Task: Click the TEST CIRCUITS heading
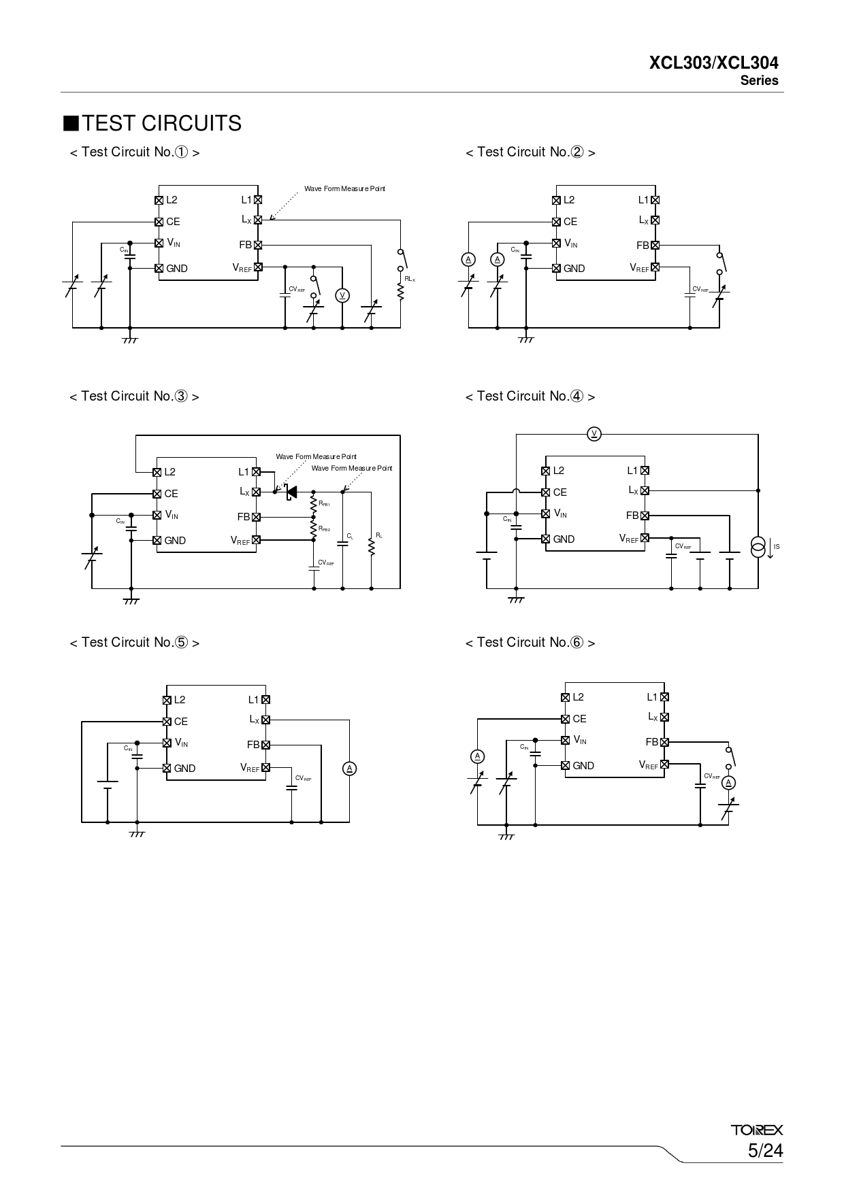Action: pyautogui.click(x=152, y=123)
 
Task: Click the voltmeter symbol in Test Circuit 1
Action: pyautogui.click(x=342, y=295)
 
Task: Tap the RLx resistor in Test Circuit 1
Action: pyautogui.click(x=401, y=290)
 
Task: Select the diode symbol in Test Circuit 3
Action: pyautogui.click(x=291, y=492)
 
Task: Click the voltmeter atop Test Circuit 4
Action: pyautogui.click(x=594, y=434)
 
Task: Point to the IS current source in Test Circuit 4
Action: pyautogui.click(x=758, y=546)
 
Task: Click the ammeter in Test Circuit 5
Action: pyautogui.click(x=350, y=769)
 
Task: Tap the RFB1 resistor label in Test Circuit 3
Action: pyautogui.click(x=324, y=504)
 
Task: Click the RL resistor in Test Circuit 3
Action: pyautogui.click(x=372, y=546)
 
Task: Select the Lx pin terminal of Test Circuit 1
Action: pyautogui.click(x=258, y=220)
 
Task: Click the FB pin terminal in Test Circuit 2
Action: pyautogui.click(x=655, y=245)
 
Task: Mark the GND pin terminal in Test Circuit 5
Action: pyautogui.click(x=167, y=768)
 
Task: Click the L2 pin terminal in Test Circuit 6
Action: pyautogui.click(x=565, y=697)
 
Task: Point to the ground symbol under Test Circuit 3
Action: pyautogui.click(x=131, y=601)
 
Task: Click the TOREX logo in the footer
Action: pyautogui.click(x=757, y=1130)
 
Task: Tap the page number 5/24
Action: pyautogui.click(x=765, y=1151)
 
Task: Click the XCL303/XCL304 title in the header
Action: pyautogui.click(x=714, y=63)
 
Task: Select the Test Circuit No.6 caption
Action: pyautogui.click(x=530, y=642)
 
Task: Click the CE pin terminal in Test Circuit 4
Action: pyautogui.click(x=545, y=492)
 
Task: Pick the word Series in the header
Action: pyautogui.click(x=760, y=80)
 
